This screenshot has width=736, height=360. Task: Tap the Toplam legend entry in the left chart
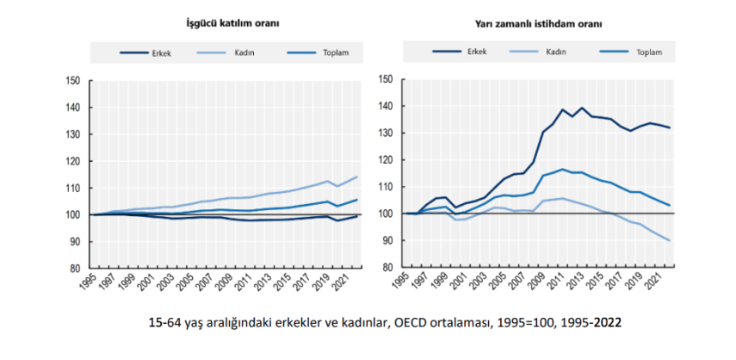[331, 53]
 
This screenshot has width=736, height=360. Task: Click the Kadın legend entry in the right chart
[555, 53]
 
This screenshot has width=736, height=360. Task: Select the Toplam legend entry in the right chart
[648, 53]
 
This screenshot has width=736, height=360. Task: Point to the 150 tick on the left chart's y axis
[72, 81]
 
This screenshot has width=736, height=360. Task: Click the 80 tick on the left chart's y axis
[75, 269]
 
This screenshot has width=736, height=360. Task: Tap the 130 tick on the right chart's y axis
[385, 134]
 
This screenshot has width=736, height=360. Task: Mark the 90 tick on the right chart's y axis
[387, 241]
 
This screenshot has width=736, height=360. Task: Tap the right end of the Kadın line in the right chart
[669, 240]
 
